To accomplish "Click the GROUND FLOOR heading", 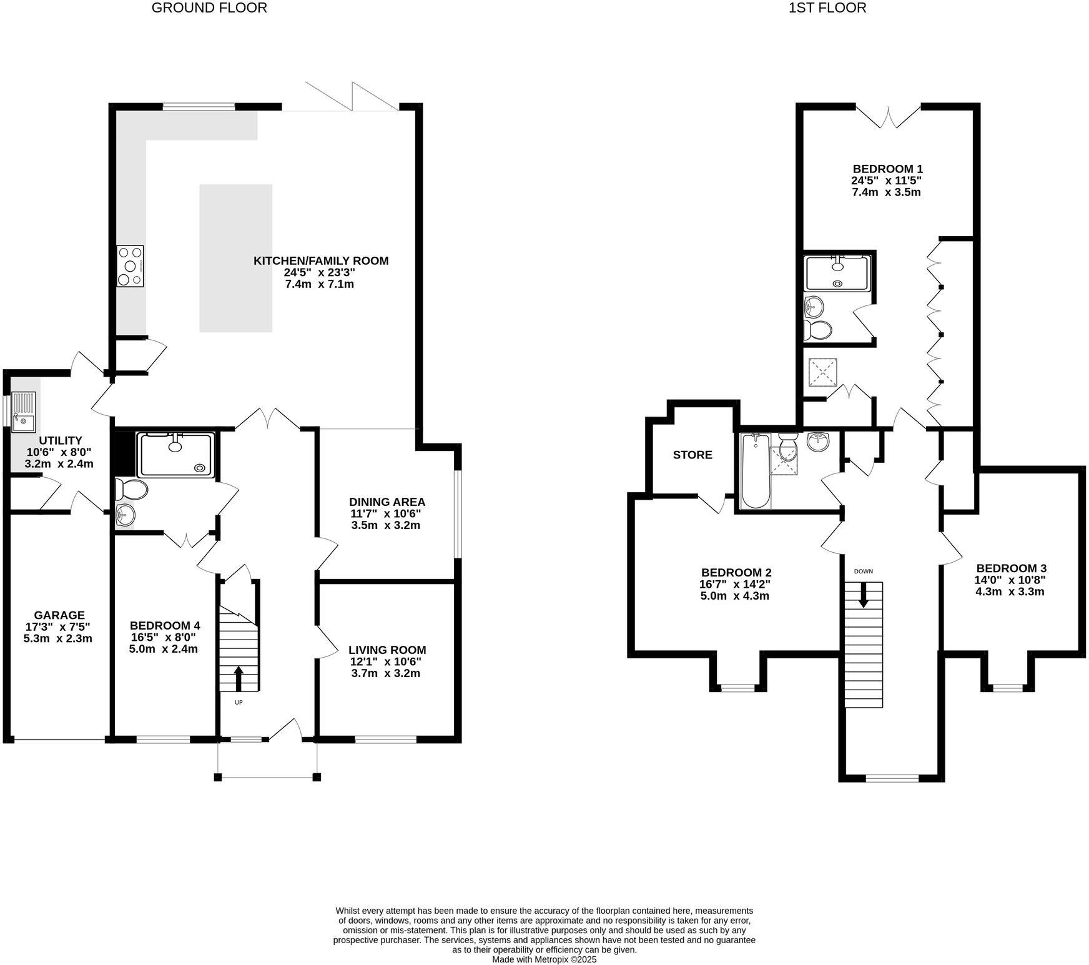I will point(209,8).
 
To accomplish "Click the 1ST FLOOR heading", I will point(828,8).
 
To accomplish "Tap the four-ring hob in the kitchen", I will point(131,266).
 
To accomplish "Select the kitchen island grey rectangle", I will point(235,258).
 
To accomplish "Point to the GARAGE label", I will point(59,615).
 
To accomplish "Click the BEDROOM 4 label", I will point(165,625).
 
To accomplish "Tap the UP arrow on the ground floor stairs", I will point(239,678).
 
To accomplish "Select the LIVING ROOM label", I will point(387,650).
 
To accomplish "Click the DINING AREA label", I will point(387,502).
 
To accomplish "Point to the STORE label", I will point(692,455).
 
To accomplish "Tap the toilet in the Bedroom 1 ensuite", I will point(818,329).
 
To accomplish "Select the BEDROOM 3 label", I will point(1011,568).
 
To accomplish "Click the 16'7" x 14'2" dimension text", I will point(735,585).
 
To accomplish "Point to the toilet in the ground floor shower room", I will point(131,489).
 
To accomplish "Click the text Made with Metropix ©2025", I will point(544,959).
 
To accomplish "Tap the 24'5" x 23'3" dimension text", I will point(320,272).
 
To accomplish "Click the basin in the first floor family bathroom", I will point(818,442).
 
